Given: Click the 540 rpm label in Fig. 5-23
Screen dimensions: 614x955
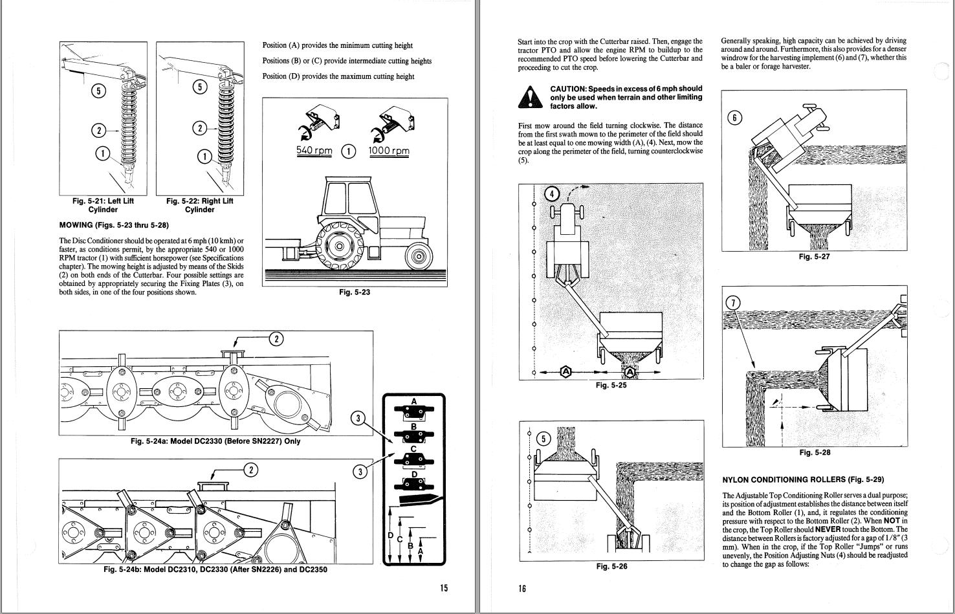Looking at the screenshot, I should [x=314, y=151].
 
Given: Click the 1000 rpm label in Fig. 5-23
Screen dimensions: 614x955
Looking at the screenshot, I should [x=389, y=151].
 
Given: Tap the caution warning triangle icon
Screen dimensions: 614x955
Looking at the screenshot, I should [x=530, y=97].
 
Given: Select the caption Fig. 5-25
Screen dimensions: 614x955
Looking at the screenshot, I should [x=611, y=386].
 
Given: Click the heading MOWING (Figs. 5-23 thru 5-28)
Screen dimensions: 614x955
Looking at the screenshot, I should [x=114, y=226].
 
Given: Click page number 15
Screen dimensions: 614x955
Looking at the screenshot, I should [x=443, y=588].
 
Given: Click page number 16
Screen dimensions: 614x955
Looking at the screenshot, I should [x=522, y=588].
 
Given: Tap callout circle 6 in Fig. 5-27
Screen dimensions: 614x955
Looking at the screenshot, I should [x=734, y=118].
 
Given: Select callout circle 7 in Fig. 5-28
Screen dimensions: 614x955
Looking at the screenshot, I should [x=732, y=302].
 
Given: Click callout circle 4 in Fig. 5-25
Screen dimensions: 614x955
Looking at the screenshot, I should [x=552, y=193].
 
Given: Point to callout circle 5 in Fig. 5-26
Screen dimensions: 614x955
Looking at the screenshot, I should [x=543, y=439].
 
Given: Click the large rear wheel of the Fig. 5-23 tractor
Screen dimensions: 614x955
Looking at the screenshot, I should [x=338, y=247].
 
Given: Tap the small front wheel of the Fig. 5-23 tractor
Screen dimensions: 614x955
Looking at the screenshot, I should [x=419, y=257].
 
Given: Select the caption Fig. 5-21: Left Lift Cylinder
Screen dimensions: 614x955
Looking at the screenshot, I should [x=103, y=205].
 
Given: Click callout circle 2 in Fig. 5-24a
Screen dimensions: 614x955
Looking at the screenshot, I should [x=276, y=338].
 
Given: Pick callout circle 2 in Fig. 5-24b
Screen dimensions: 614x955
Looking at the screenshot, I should [x=250, y=470].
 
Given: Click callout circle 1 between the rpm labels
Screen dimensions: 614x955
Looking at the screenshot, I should [x=348, y=151].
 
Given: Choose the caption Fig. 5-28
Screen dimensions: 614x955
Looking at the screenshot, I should [x=814, y=453].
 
